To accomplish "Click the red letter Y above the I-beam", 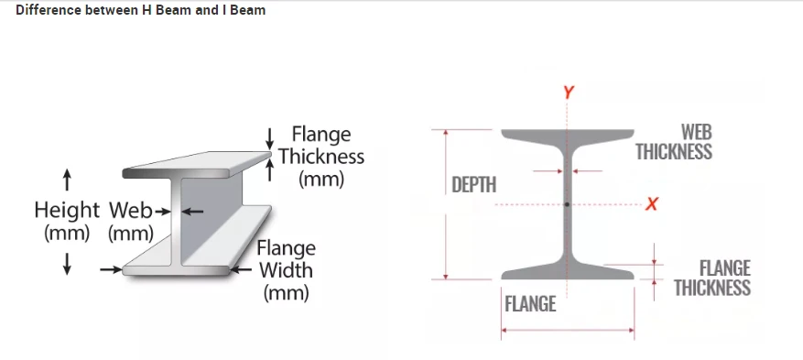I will click(569, 93).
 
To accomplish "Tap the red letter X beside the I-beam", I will click(651, 203).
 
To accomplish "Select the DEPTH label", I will click(474, 185).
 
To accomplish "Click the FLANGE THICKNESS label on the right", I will click(711, 278).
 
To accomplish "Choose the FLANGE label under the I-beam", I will click(530, 303).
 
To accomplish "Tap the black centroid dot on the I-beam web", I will click(568, 203).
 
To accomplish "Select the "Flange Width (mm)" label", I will click(286, 270).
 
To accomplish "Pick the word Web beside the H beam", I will click(129, 210).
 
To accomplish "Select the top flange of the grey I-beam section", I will click(568, 136).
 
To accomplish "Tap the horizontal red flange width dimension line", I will click(568, 332).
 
